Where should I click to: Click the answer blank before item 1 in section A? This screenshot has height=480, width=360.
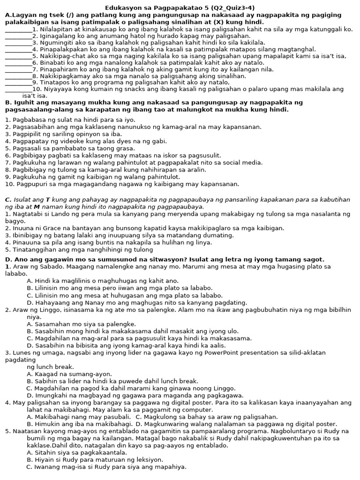pos(18,30)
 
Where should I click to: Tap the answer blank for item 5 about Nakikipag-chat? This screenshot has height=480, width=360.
pos(18,56)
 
